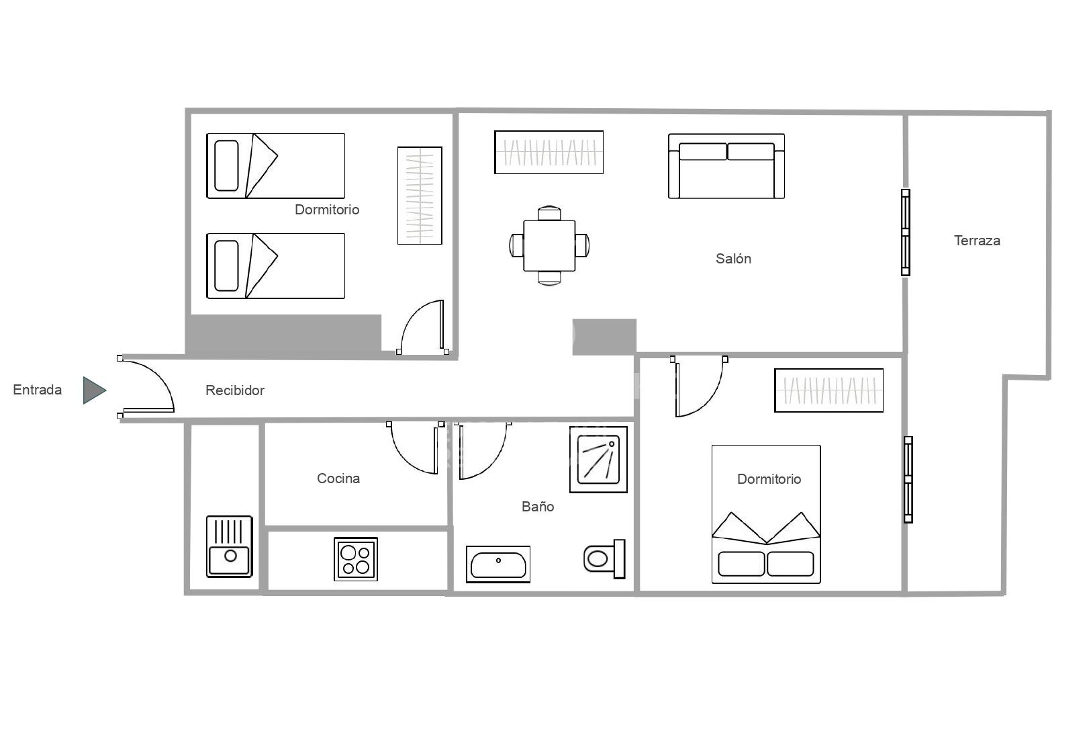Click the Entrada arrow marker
tap(94, 390)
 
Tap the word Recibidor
tap(235, 390)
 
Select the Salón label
tap(733, 258)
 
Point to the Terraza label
tap(977, 241)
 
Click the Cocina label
tap(338, 478)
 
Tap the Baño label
tap(538, 507)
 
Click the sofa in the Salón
tap(726, 166)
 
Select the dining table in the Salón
tap(549, 246)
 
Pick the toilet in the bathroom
tap(604, 558)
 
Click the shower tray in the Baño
tap(598, 459)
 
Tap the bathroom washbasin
tap(497, 564)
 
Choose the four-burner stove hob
tap(356, 558)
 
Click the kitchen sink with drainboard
tap(230, 546)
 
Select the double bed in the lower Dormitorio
tap(766, 514)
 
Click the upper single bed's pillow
tap(226, 166)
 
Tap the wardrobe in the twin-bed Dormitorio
tap(420, 196)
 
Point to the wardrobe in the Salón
tap(549, 152)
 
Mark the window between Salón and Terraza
tap(906, 232)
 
